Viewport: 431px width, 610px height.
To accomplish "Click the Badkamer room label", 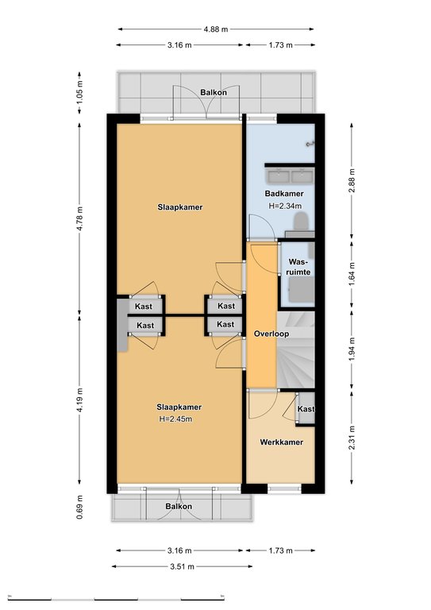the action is point(284,193).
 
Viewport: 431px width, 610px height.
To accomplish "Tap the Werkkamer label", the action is point(281,442).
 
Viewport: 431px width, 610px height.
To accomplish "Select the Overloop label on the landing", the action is point(271,334).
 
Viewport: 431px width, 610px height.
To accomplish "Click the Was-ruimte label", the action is point(298,267).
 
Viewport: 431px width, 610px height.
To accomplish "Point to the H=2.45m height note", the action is point(175,419).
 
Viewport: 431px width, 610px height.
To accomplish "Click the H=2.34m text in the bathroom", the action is point(285,207).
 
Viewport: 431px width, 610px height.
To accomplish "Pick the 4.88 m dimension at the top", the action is point(216,29).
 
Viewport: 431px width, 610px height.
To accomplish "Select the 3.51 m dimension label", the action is point(182,566).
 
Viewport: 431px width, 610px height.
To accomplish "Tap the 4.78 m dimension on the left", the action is point(79,218).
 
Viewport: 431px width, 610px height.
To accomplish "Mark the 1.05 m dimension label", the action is point(79,91).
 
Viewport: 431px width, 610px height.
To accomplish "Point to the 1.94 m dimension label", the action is point(352,348).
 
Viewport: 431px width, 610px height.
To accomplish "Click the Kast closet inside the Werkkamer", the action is point(306,408).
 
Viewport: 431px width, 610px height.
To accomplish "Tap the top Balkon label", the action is point(214,92).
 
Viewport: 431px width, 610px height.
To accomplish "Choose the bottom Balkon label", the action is point(179,506).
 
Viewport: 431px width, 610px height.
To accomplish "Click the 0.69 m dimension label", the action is point(79,507).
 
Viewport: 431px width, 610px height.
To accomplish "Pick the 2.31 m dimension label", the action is point(352,438).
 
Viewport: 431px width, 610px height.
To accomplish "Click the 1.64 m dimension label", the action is point(352,273).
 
